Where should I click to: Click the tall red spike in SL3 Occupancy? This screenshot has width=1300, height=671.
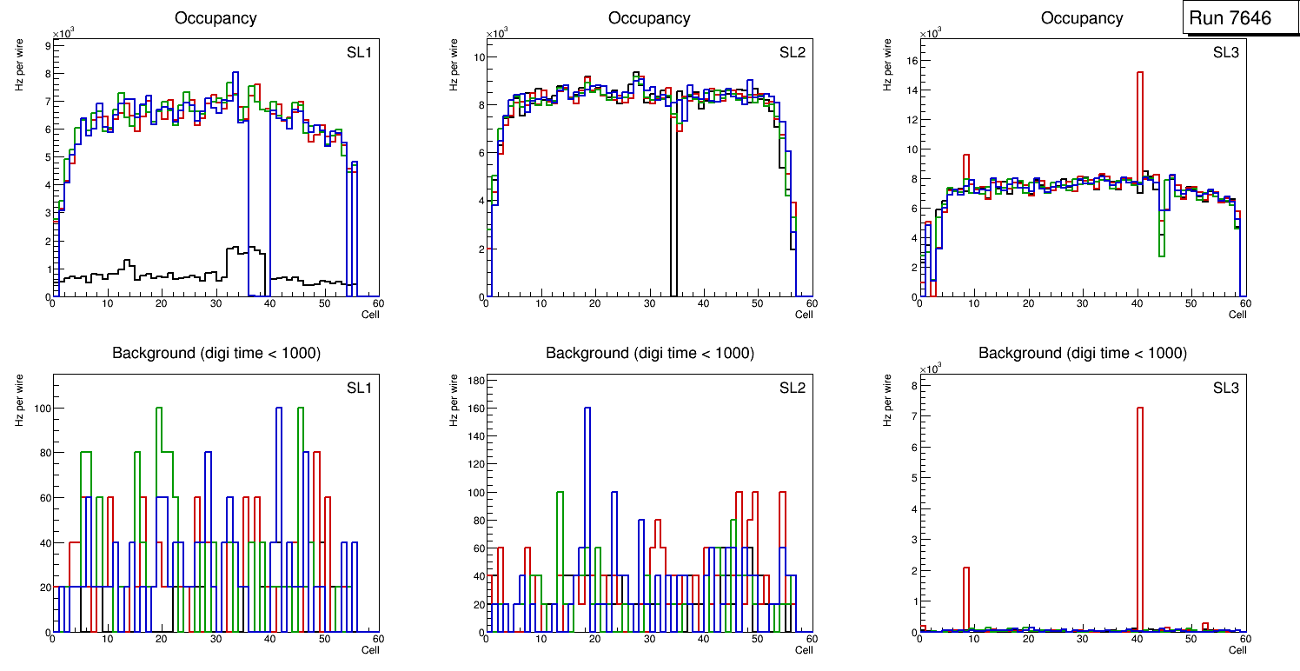coord(1139,130)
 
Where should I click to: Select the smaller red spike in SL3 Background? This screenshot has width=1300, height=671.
coord(966,591)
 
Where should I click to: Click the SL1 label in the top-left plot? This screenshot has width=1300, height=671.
coord(359,53)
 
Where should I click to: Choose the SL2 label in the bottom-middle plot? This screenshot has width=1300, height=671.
coord(793,388)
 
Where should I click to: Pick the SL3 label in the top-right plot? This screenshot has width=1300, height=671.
coord(1226,53)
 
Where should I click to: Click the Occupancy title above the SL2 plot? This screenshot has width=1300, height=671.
coord(649,18)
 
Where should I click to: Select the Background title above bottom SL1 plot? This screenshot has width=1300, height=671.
coord(216,353)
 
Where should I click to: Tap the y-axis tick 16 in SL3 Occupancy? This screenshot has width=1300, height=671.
coord(912,61)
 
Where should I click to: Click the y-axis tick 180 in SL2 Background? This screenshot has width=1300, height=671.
coord(476,380)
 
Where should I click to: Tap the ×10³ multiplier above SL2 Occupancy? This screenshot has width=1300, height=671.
coord(496,34)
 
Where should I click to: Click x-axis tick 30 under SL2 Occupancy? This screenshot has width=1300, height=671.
coord(649,303)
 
